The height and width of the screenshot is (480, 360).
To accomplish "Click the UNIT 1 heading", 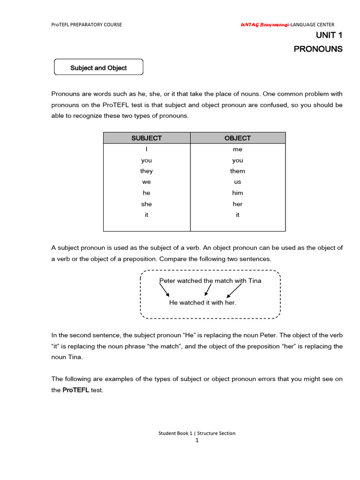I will click(327, 35).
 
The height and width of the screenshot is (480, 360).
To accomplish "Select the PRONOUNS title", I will click(318, 49).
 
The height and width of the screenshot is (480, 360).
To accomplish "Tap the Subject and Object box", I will click(98, 67).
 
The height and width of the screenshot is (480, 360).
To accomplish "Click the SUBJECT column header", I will click(146, 138).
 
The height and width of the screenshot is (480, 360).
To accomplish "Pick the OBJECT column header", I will click(238, 138).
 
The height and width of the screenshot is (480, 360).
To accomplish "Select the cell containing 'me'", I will click(238, 150).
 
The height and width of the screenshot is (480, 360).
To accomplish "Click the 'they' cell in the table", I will click(146, 171).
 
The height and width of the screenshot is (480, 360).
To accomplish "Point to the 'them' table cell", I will click(238, 171).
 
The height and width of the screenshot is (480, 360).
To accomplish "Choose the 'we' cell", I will click(146, 182).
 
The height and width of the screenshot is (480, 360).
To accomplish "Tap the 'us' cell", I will click(238, 182).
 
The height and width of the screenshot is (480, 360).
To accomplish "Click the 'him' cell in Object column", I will click(238, 193).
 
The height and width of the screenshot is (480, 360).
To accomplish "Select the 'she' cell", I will click(146, 204).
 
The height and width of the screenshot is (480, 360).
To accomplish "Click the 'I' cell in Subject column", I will click(146, 150).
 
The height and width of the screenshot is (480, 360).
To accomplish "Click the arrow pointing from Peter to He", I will click(164, 291).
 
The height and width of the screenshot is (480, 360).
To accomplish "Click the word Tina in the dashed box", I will click(254, 281).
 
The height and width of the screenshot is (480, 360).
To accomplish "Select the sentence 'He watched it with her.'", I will click(202, 303).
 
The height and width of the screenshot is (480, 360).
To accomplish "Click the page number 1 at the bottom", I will click(197, 440).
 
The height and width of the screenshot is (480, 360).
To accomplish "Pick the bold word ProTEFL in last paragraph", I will click(76, 390).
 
